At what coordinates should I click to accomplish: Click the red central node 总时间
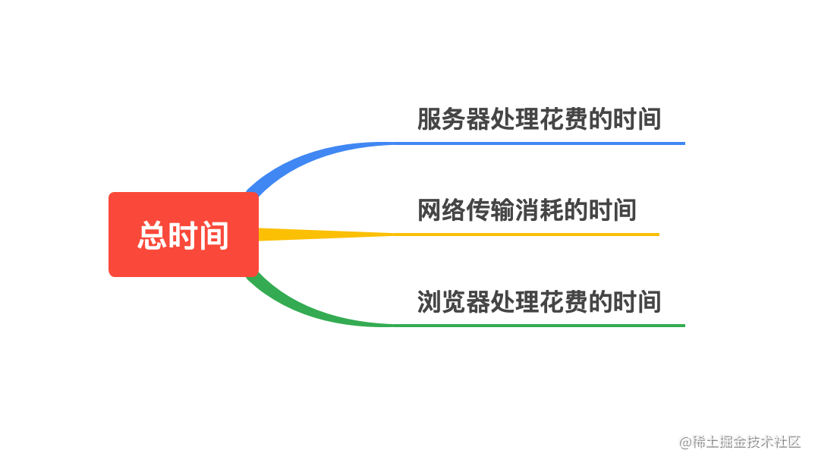click(184, 235)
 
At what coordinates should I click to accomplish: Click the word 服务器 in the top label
click(454, 119)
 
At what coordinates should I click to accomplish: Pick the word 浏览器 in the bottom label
click(454, 301)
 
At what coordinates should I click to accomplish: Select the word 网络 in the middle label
click(442, 210)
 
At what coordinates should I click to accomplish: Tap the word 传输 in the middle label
click(490, 210)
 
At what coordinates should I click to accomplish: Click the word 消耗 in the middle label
click(539, 210)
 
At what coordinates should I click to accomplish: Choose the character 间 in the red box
click(213, 235)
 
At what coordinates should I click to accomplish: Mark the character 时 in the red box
click(183, 235)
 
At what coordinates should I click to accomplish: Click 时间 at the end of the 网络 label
click(612, 210)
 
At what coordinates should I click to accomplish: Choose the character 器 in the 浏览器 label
click(478, 301)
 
